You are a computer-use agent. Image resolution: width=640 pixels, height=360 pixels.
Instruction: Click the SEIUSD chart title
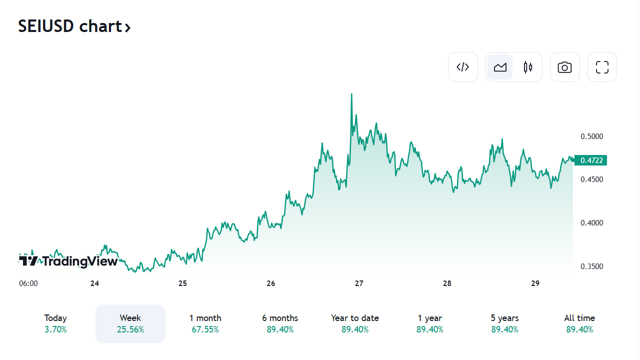pyautogui.click(x=74, y=26)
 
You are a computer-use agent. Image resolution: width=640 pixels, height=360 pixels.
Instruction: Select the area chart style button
pyautogui.click(x=500, y=67)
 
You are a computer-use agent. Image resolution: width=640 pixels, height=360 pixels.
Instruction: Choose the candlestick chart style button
pyautogui.click(x=528, y=67)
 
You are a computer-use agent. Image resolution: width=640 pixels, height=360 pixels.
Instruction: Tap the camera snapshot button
pyautogui.click(x=564, y=67)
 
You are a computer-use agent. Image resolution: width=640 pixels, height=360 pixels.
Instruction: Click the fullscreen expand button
pyautogui.click(x=602, y=67)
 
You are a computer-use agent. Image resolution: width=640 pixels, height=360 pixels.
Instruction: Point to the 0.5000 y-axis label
pyautogui.click(x=591, y=136)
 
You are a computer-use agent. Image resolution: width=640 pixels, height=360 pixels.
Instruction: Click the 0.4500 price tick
pyautogui.click(x=591, y=179)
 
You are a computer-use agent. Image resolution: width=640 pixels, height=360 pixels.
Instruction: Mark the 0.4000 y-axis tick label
pyautogui.click(x=591, y=223)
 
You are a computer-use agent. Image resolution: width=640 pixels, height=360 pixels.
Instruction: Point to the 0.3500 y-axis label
pyautogui.click(x=591, y=266)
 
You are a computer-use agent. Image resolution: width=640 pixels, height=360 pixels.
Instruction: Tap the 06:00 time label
pyautogui.click(x=28, y=283)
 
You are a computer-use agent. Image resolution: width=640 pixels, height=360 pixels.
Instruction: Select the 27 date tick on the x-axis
pyautogui.click(x=359, y=283)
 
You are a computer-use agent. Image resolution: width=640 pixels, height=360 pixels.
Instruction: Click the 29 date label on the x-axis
pyautogui.click(x=535, y=283)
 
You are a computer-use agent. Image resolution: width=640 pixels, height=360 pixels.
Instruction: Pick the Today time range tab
pyautogui.click(x=55, y=323)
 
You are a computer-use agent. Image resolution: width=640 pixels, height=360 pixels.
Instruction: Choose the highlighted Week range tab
pyautogui.click(x=130, y=323)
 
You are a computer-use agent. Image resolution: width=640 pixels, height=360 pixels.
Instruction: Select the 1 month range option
pyautogui.click(x=205, y=323)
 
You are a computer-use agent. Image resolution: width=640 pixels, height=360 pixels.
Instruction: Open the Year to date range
pyautogui.click(x=355, y=323)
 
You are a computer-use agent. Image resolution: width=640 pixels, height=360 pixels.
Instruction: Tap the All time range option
pyautogui.click(x=579, y=323)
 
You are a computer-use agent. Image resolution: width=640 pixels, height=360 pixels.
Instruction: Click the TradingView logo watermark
pyautogui.click(x=68, y=261)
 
